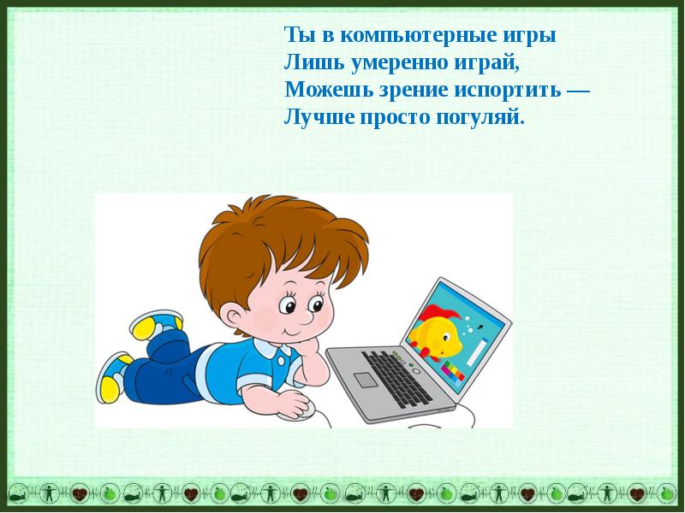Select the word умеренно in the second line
tap(401, 63)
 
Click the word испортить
tap(508, 91)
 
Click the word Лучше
tap(319, 118)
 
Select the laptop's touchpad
tap(366, 380)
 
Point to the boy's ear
tap(233, 320)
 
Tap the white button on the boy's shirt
tap(281, 360)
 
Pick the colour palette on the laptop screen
tap(452, 372)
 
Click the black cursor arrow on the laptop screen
tap(480, 327)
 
